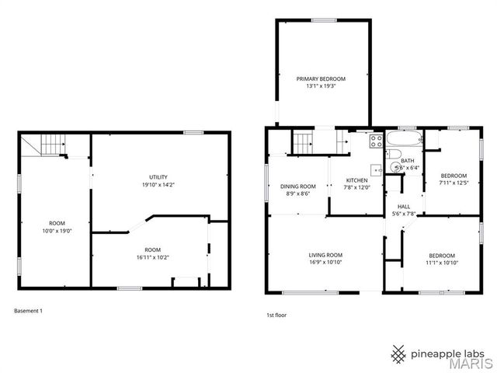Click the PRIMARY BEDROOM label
tap(321, 79)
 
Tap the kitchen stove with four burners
tap(376, 141)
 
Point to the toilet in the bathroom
tap(395, 166)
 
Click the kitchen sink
tap(377, 169)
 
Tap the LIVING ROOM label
tap(325, 255)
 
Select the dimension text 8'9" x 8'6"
tap(297, 193)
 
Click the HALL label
tap(404, 205)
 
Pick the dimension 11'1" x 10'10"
tap(443, 263)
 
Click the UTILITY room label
tap(158, 177)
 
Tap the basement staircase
tap(51, 145)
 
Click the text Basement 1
tap(28, 311)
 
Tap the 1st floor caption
tap(277, 315)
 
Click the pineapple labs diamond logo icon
tap(398, 354)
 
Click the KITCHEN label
tap(357, 180)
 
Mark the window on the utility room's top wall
tap(193, 132)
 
